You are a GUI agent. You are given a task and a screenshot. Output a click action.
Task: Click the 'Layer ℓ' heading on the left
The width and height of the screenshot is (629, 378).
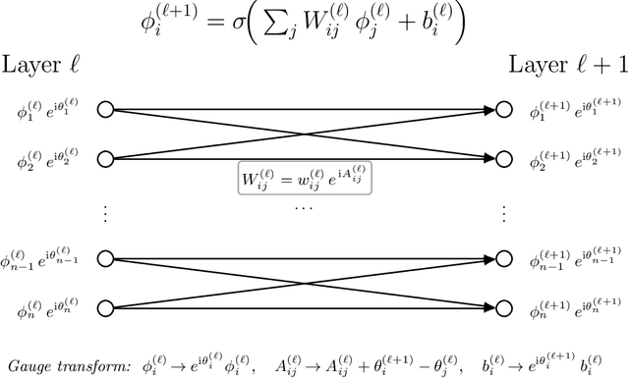pyautogui.click(x=40, y=67)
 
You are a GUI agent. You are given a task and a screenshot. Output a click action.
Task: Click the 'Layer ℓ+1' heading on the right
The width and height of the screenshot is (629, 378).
pyautogui.click(x=565, y=67)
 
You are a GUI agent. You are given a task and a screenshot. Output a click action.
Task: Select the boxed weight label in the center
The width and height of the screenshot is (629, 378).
pyautogui.click(x=306, y=181)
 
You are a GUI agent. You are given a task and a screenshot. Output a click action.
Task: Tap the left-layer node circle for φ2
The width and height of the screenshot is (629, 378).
pyautogui.click(x=105, y=157)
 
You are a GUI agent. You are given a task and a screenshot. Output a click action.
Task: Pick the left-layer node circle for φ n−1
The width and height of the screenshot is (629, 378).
pyautogui.click(x=105, y=258)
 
